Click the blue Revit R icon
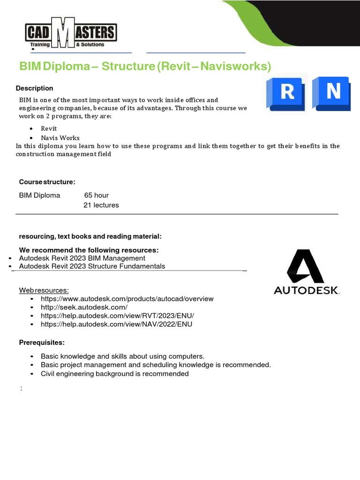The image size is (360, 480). pyautogui.click(x=287, y=92)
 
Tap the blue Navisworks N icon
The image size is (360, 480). pyautogui.click(x=333, y=92)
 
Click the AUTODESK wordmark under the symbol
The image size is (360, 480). pyautogui.click(x=307, y=290)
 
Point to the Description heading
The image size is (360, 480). pyautogui.click(x=35, y=88)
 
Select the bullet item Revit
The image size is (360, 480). pyautogui.click(x=49, y=128)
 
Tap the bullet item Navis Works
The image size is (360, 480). pyautogui.click(x=60, y=138)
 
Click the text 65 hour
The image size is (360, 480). pyautogui.click(x=97, y=195)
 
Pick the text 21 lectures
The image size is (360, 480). pyautogui.click(x=101, y=205)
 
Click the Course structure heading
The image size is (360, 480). pyautogui.click(x=47, y=182)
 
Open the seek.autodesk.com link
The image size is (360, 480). pyautogui.click(x=84, y=307)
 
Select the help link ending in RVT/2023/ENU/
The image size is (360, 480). pyautogui.click(x=117, y=315)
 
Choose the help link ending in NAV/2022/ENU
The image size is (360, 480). pyautogui.click(x=116, y=324)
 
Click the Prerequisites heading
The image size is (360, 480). pyautogui.click(x=42, y=343)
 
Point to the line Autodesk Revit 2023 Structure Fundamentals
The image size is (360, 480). pyautogui.click(x=92, y=266)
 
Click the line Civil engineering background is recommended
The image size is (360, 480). pyautogui.click(x=114, y=374)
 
